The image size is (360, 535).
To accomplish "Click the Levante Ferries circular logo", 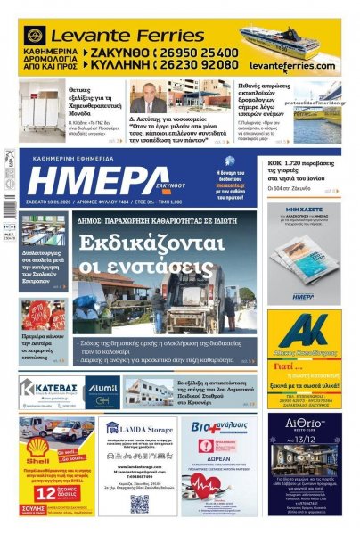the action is click(36, 37).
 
